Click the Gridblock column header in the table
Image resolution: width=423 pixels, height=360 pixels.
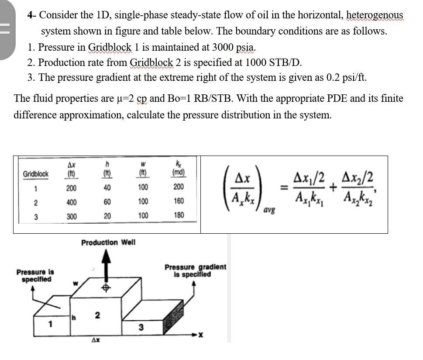click(36, 174)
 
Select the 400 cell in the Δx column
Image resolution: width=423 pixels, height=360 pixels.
click(72, 202)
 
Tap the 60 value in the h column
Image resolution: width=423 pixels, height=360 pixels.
click(107, 202)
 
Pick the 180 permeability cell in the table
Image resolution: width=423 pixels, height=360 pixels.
click(178, 215)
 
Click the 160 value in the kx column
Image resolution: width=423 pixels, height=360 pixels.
click(178, 201)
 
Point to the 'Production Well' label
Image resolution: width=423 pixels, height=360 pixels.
click(108, 242)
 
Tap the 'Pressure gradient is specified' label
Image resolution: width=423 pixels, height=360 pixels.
click(195, 271)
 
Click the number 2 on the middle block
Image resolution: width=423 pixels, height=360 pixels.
click(98, 315)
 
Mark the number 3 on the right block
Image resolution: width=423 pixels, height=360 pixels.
click(141, 327)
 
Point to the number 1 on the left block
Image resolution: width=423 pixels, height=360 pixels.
click(51, 325)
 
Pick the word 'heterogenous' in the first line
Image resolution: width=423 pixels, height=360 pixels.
click(374, 15)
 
